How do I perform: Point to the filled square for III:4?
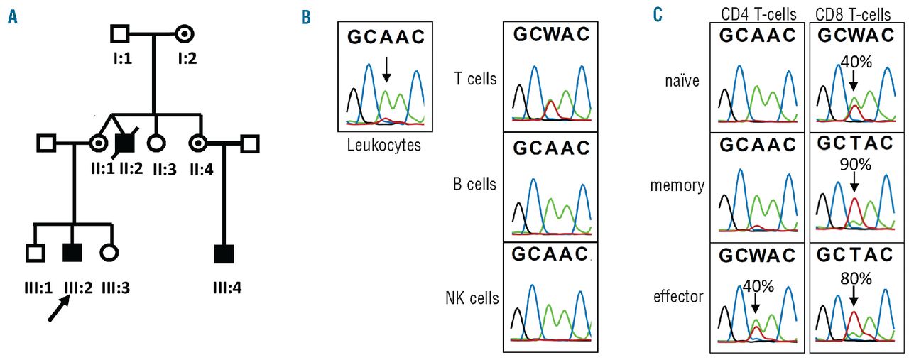point(224,252)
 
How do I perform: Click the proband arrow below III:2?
point(60,307)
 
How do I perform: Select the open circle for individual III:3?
point(108,252)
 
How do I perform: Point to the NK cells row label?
point(470,297)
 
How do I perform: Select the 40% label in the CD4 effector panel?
point(756,286)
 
